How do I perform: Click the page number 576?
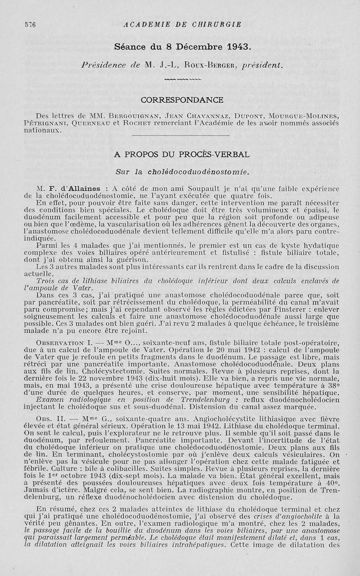pos(30,25)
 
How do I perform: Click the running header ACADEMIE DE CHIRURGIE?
pos(182,24)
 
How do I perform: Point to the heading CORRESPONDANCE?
pos(182,99)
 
